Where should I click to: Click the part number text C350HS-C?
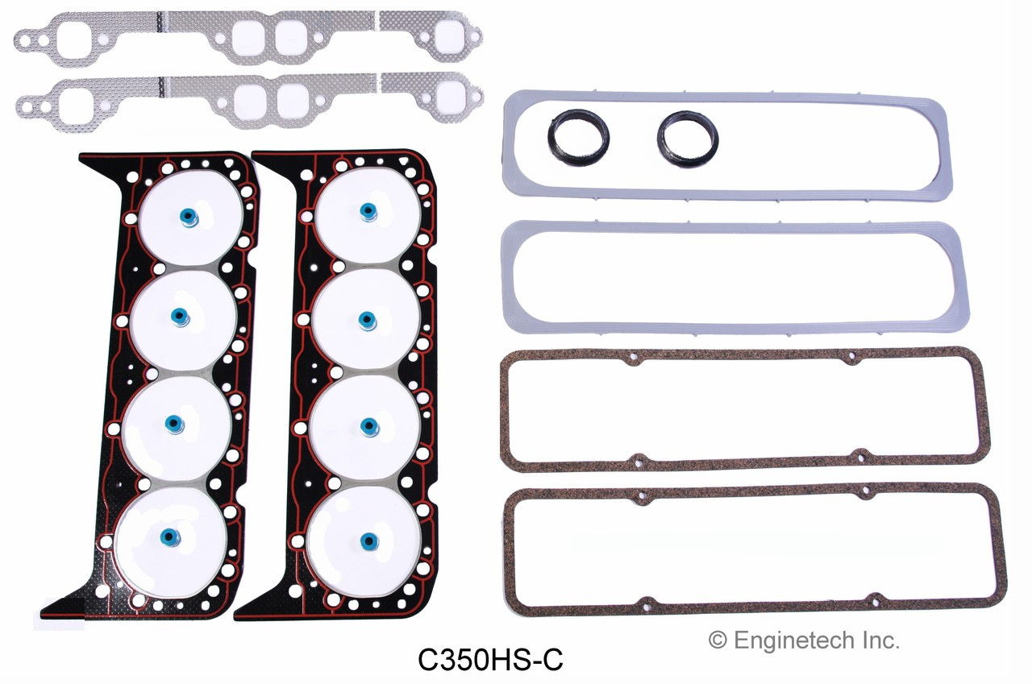[x=490, y=660]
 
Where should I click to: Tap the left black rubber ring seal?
[x=578, y=139]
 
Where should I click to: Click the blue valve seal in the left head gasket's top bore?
[x=188, y=218]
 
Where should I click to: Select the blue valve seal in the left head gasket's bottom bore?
[x=169, y=537]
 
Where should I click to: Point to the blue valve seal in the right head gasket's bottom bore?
[x=368, y=539]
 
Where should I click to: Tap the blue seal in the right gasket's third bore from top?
[x=369, y=425]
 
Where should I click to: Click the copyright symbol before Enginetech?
[x=717, y=640]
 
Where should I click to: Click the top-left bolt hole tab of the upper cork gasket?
[x=633, y=358]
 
